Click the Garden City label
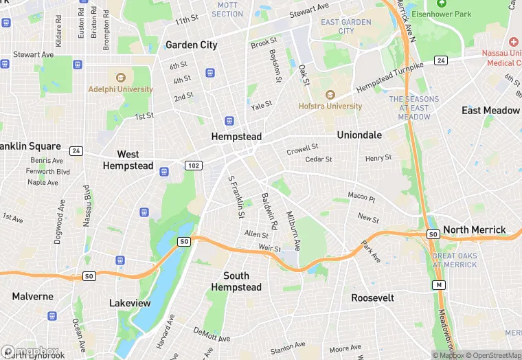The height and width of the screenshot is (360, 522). point(191,45)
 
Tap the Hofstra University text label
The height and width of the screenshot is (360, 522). point(330,106)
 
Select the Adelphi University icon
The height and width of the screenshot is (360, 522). point(120,77)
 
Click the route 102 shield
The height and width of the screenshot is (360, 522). point(193,165)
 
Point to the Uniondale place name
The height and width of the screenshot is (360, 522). point(359,135)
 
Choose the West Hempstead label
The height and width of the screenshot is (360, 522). point(128,160)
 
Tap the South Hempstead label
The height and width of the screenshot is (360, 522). point(236,282)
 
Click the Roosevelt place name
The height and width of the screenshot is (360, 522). point(372,298)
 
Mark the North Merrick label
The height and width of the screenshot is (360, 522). point(474,230)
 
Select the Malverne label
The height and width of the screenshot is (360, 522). point(32,297)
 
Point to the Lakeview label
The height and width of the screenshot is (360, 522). point(130,303)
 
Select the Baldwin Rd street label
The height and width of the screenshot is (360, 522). point(269,211)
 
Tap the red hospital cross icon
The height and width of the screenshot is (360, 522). point(513,43)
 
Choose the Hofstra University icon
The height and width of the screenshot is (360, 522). point(330,95)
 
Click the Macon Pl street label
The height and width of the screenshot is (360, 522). point(361,197)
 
